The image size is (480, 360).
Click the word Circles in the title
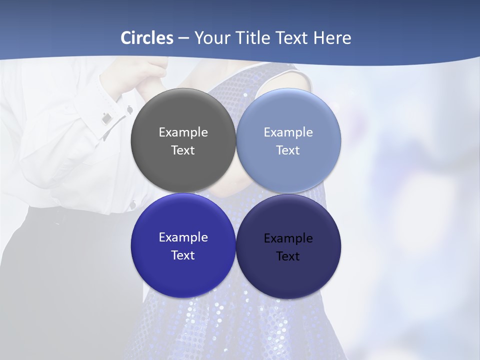(146, 38)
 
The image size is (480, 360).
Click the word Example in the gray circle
(183, 132)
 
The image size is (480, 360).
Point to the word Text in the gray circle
(183, 150)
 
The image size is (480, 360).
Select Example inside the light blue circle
(288, 132)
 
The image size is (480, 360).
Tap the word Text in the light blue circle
(288, 150)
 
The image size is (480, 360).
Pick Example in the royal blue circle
(183, 237)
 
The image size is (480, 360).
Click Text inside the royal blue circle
(183, 255)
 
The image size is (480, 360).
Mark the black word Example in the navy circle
(288, 238)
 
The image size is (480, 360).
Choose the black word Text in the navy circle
(288, 256)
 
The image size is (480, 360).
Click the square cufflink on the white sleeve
(106, 118)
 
